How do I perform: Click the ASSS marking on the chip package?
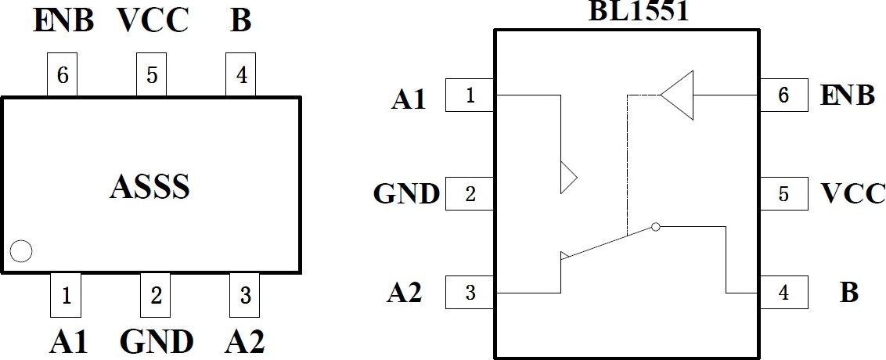coord(150,187)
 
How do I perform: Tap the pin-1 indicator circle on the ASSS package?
coord(21,251)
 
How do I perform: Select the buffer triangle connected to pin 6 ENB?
coord(678,95)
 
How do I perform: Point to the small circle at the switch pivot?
coord(656,227)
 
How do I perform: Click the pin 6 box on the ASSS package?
coord(63,75)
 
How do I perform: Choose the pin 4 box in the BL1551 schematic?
coord(783,293)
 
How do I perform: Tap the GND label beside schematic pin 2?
coord(406,193)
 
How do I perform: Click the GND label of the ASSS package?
coord(157,342)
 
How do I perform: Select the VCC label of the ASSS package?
coord(153,22)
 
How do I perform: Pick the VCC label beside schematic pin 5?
coord(853,193)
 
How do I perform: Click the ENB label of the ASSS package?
coord(63,22)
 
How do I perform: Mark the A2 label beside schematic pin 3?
coord(405,293)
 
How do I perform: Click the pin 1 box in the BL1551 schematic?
coord(470,95)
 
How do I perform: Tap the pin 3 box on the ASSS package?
coord(245,295)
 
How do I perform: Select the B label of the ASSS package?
coord(241,22)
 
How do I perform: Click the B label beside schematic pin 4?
coord(848,293)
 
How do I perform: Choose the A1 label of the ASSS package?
coord(69,342)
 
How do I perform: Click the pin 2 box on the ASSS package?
coord(156,295)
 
